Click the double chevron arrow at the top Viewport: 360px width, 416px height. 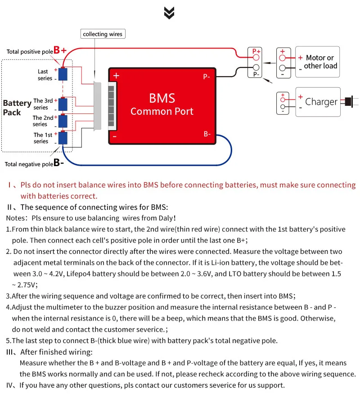click(169, 14)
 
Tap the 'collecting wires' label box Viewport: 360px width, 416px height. click(103, 34)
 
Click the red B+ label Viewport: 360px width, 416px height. click(60, 50)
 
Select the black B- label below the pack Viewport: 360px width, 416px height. click(58, 163)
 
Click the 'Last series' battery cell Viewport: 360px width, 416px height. click(63, 74)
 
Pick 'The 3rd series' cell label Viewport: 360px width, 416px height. click(43, 104)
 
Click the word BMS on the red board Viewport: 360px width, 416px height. click(162, 98)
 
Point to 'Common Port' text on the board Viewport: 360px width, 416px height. click(162, 111)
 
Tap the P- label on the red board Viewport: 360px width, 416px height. click(207, 77)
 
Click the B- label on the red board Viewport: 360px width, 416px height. click(207, 134)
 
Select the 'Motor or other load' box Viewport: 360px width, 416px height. click(317, 62)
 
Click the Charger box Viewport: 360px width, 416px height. click(318, 102)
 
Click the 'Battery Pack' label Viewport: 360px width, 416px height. click(17, 108)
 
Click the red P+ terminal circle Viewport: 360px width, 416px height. click(256, 58)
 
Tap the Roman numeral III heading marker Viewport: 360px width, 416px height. click(11, 352)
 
